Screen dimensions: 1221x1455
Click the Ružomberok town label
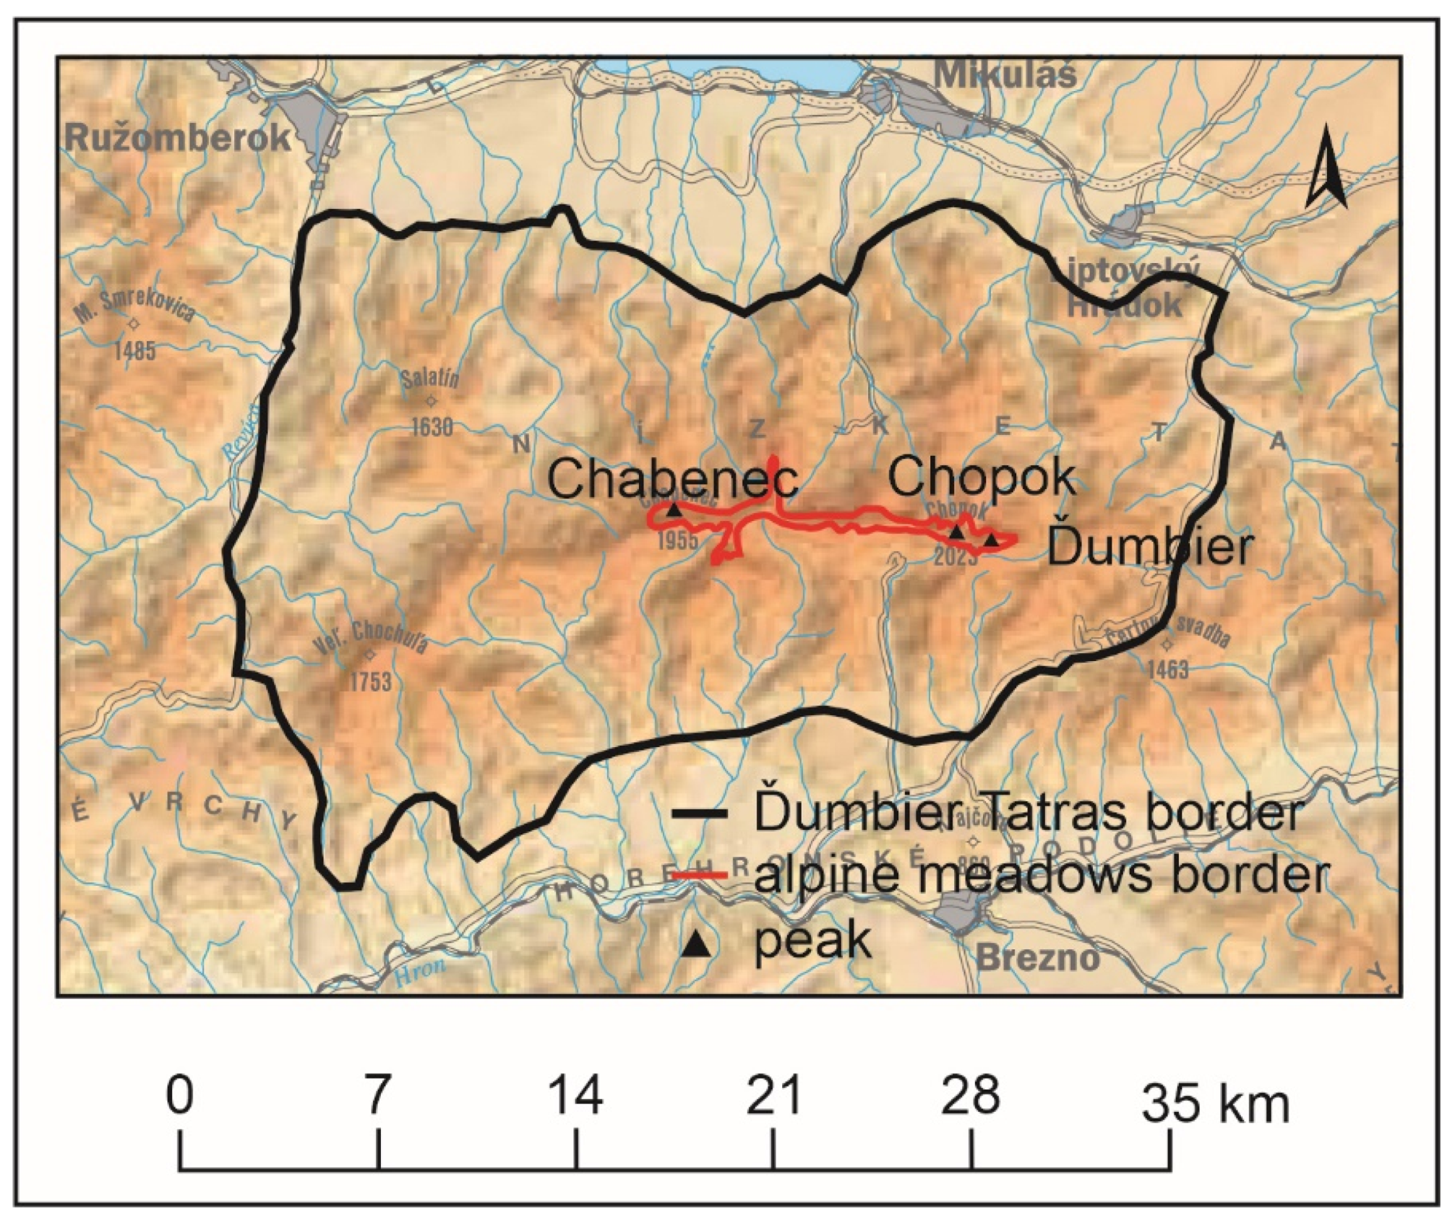178,137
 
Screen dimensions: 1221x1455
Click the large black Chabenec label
672,478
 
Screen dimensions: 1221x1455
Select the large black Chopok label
982,477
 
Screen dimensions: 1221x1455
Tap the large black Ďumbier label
1149,547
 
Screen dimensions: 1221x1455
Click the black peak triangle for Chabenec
673,510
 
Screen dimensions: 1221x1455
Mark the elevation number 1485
135,351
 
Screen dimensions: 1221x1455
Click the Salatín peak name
431,379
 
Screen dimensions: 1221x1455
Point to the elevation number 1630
432,427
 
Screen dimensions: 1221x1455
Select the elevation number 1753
370,681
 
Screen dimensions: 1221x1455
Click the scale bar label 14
575,1095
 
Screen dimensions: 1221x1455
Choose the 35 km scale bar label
1214,1103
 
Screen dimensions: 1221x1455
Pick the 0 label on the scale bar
179,1095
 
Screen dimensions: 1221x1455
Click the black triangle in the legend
698,944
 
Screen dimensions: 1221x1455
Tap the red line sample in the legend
699,875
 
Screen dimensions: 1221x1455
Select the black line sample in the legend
699,814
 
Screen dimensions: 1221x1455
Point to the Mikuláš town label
1005,74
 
